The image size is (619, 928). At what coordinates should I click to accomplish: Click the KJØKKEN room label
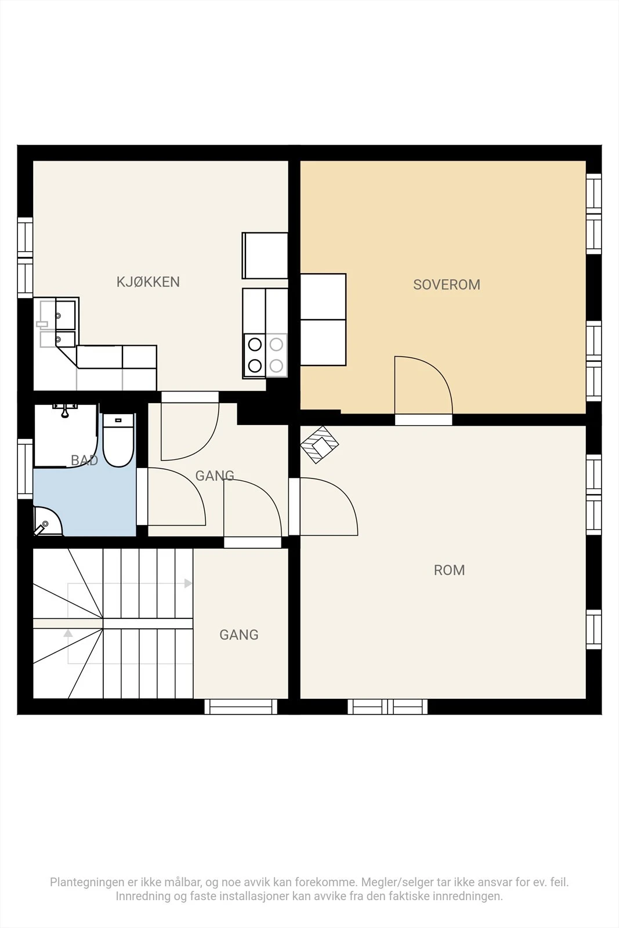[148, 282]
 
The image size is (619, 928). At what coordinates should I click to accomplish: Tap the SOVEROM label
[447, 285]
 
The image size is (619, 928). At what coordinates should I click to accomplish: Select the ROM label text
[449, 570]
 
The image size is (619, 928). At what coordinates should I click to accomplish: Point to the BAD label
[85, 461]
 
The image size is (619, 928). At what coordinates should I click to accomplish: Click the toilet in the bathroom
[118, 440]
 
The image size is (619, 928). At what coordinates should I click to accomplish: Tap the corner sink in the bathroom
[47, 521]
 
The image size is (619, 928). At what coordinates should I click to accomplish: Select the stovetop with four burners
[265, 356]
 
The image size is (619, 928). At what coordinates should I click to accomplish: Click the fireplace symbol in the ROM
[320, 444]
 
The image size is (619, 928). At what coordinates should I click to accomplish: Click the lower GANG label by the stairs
[239, 635]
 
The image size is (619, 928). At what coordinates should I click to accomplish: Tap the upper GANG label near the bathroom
[215, 476]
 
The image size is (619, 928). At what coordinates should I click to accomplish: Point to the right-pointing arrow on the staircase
[188, 583]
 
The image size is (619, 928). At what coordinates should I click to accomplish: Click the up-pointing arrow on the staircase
[68, 633]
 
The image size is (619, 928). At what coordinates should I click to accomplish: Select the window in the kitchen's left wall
[25, 258]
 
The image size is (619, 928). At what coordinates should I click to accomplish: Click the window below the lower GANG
[241, 707]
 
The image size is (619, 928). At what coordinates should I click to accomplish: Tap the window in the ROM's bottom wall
[388, 707]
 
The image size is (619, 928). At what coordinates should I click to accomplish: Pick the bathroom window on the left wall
[25, 469]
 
